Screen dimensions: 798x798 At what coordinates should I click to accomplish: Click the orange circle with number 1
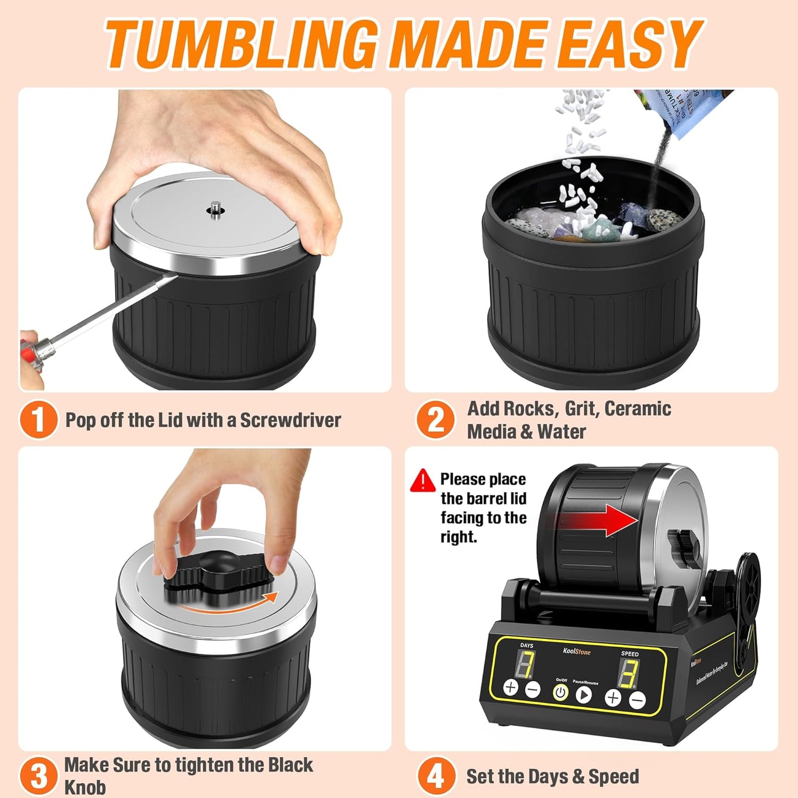click(x=38, y=420)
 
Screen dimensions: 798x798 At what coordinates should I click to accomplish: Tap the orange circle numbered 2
click(x=436, y=420)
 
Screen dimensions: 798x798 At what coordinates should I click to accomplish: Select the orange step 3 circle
click(x=38, y=775)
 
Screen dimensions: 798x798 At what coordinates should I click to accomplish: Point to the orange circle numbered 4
click(x=436, y=776)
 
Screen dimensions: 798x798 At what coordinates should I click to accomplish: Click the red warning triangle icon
click(x=422, y=480)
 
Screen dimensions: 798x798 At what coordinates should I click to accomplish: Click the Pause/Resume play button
click(x=584, y=694)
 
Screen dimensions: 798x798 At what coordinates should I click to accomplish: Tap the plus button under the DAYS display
click(x=511, y=688)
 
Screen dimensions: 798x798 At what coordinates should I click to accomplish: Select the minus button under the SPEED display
click(x=637, y=700)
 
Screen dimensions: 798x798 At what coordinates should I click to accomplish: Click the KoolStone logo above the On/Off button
click(x=577, y=652)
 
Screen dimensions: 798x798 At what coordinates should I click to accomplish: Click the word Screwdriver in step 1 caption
click(x=290, y=420)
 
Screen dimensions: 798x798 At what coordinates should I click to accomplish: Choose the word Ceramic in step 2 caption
click(x=637, y=409)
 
